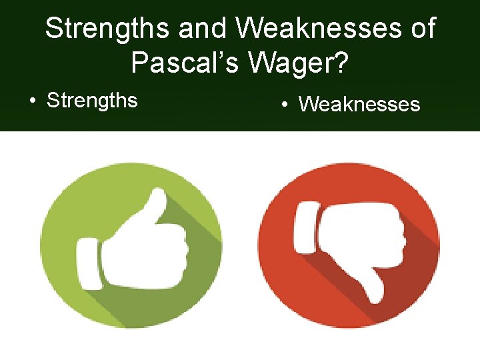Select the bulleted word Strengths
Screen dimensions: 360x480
coord(92,101)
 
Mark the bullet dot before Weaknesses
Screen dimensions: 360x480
coord(285,105)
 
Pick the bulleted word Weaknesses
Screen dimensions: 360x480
coord(359,105)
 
